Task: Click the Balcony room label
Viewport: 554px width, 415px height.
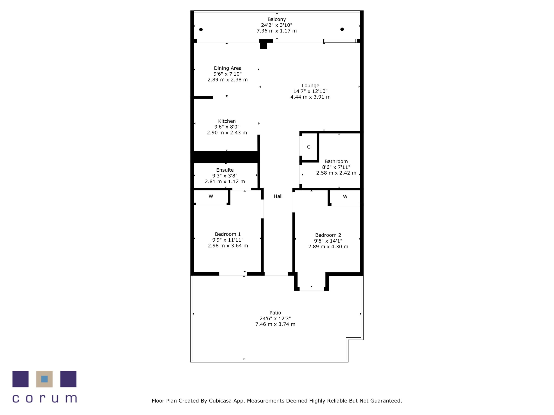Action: (277, 19)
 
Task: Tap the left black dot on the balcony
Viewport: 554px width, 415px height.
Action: (201, 30)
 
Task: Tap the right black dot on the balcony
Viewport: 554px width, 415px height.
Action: (342, 29)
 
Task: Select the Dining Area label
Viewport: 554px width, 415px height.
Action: (228, 68)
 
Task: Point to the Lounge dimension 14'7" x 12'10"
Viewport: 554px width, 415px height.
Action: (310, 91)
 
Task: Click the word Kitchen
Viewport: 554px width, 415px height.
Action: (227, 121)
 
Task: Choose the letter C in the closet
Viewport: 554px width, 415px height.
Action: (309, 147)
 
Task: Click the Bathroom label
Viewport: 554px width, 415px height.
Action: (336, 161)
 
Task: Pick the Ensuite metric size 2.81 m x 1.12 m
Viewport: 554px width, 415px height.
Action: (225, 182)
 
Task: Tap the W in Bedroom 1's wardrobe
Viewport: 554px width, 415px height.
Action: (211, 196)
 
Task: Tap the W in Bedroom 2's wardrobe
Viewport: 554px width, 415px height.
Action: (345, 197)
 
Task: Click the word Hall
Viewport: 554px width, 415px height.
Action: (278, 196)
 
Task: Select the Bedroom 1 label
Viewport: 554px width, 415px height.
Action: (228, 234)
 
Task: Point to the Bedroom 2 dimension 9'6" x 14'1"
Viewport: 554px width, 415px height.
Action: (328, 241)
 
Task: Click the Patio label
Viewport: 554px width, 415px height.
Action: (275, 313)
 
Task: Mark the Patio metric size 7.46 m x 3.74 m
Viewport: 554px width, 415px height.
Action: (275, 324)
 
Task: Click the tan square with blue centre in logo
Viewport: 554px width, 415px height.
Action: (44, 379)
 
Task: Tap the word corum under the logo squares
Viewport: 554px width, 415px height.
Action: (45, 399)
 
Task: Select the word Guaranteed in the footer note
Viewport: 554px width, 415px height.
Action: (386, 401)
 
